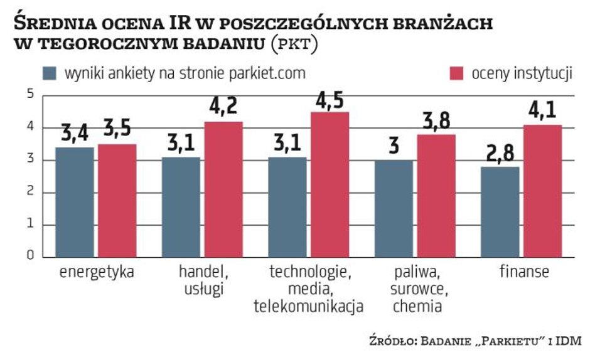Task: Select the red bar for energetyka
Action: [x=117, y=201]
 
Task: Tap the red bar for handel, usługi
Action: [x=223, y=189]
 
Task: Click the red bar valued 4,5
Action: [x=330, y=184]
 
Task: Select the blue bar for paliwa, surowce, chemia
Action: [x=394, y=209]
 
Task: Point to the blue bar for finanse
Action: [x=500, y=212]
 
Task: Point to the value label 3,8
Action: [x=437, y=122]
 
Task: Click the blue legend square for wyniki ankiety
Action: [x=50, y=73]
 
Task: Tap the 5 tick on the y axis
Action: [x=29, y=95]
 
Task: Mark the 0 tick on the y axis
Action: [x=29, y=257]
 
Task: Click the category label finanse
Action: [x=524, y=273]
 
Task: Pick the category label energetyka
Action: [x=97, y=273]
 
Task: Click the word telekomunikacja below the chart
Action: [x=309, y=307]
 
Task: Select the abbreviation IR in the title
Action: [x=178, y=24]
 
